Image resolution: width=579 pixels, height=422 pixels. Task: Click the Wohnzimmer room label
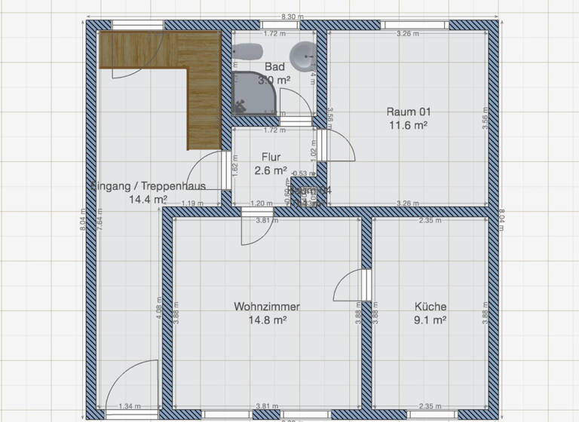266,307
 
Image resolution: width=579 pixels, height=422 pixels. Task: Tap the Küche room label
430,307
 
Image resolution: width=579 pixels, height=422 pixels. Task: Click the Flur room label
271,157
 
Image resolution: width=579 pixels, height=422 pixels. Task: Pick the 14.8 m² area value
266,320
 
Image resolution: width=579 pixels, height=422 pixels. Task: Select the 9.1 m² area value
430,320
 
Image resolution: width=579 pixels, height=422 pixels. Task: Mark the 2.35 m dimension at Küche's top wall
430,221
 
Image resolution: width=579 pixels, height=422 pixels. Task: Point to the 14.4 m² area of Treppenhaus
147,200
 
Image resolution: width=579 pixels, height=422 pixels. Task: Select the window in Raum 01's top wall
416,25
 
